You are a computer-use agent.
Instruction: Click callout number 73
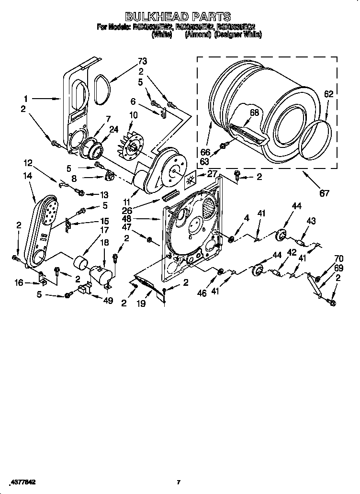pyautogui.click(x=142, y=61)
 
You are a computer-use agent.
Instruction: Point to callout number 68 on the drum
pyautogui.click(x=254, y=112)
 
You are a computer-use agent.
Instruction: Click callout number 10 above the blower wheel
pyautogui.click(x=134, y=114)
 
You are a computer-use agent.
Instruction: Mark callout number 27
pyautogui.click(x=212, y=174)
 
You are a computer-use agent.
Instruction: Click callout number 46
pyautogui.click(x=202, y=293)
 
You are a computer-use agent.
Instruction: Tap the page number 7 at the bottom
pyautogui.click(x=178, y=482)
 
